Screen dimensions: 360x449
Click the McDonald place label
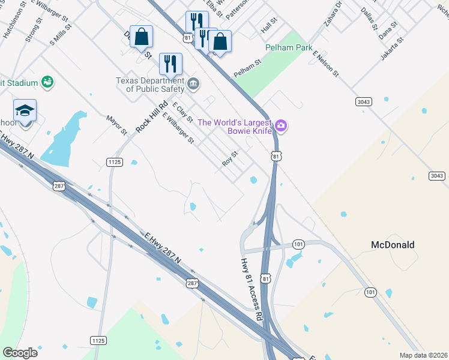(x=393, y=245)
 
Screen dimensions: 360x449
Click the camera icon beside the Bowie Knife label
(x=282, y=125)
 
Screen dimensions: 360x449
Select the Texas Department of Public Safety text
(x=150, y=85)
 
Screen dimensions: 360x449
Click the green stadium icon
(x=48, y=82)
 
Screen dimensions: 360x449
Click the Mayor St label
(x=116, y=125)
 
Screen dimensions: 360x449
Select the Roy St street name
(x=231, y=158)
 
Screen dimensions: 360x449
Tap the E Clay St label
(x=182, y=112)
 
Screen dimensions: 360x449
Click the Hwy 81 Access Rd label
(x=252, y=289)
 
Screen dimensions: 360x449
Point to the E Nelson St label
(x=326, y=63)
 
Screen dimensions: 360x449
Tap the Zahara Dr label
(x=333, y=14)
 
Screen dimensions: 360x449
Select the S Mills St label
(x=61, y=34)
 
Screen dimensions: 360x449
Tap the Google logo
(x=20, y=353)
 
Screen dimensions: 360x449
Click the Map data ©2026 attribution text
(x=423, y=355)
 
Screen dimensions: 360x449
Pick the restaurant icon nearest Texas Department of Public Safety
(x=170, y=64)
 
